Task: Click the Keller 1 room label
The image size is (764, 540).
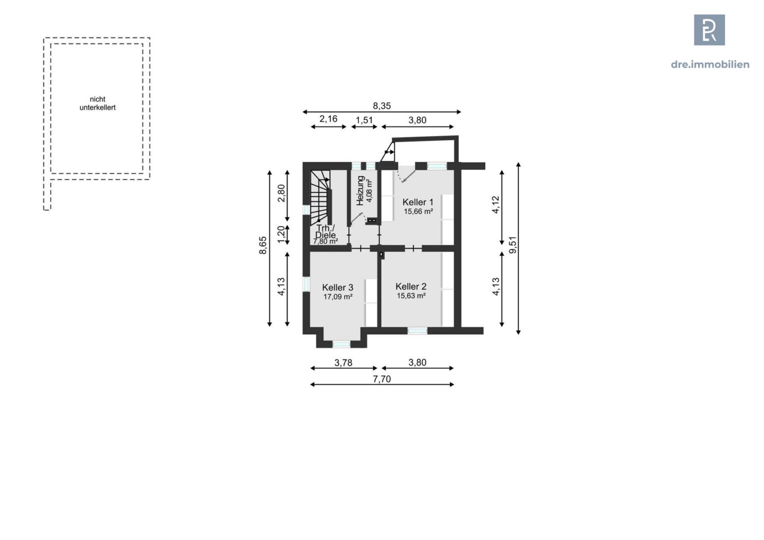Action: [x=417, y=202]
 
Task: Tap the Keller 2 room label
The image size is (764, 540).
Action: [x=410, y=286]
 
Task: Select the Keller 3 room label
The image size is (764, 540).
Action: [x=337, y=287]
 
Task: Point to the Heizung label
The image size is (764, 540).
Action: [x=360, y=190]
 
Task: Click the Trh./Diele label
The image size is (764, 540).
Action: [x=325, y=231]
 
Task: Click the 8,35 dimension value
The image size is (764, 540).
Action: [x=381, y=106]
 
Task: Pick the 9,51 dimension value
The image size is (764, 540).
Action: [x=512, y=245]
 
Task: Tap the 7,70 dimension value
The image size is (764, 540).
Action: [x=381, y=379]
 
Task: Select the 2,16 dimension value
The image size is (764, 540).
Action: [x=328, y=119]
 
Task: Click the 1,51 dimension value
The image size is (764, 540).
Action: [x=364, y=120]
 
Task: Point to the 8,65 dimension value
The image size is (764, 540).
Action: [x=263, y=245]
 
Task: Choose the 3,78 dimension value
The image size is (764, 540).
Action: [x=343, y=363]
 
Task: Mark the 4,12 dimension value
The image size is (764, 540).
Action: [x=495, y=204]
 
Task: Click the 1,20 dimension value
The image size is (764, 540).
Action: [x=281, y=234]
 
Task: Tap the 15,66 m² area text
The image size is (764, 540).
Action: [x=418, y=211]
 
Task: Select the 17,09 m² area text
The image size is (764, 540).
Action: [x=337, y=296]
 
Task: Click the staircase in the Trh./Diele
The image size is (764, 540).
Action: [x=320, y=197]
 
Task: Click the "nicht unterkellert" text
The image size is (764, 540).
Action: [x=97, y=103]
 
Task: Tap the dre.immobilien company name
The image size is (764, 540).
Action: [x=709, y=64]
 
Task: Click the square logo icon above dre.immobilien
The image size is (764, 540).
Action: [x=709, y=30]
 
